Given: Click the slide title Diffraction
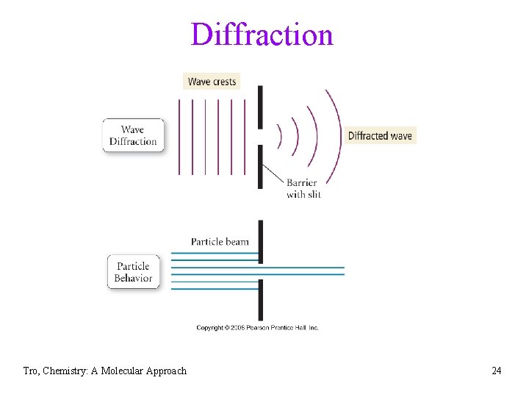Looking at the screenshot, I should [x=262, y=35].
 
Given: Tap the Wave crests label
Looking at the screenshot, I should [x=212, y=82].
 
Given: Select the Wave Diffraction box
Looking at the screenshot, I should [x=133, y=135].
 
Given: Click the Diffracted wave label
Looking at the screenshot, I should [x=380, y=135].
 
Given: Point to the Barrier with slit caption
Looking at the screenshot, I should [x=302, y=188].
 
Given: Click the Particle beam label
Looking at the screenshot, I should [x=220, y=241].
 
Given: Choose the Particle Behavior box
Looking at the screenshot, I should [x=133, y=272].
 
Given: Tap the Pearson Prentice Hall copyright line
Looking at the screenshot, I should [x=257, y=328].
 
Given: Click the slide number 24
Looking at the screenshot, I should [x=497, y=371].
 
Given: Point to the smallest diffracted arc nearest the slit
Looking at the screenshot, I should [x=280, y=136].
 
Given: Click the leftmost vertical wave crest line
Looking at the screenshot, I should [x=179, y=136].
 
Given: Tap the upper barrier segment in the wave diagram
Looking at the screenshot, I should [x=260, y=107].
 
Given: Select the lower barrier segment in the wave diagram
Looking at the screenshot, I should [x=260, y=167].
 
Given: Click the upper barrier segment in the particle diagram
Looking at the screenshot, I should [x=260, y=240].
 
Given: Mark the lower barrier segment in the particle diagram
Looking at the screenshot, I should [x=260, y=299].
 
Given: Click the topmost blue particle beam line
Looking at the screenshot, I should [x=215, y=254].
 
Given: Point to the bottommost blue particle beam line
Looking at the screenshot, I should [x=215, y=289].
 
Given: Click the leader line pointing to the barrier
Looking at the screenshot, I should [x=273, y=174].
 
